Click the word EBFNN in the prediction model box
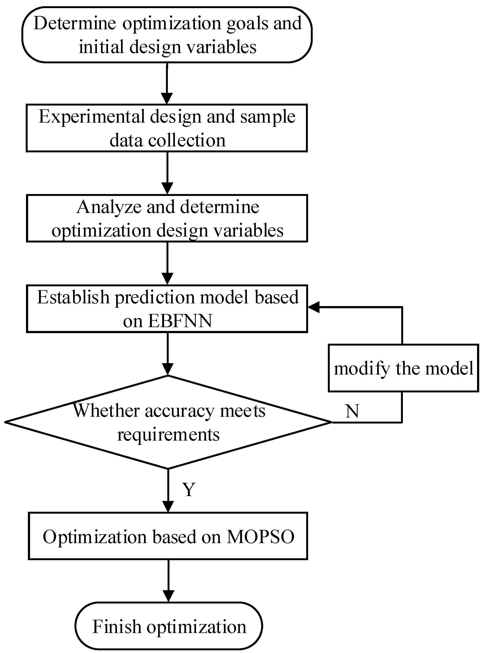click(180, 321)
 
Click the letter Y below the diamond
click(189, 489)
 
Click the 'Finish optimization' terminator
click(169, 626)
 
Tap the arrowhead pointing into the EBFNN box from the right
click(314, 307)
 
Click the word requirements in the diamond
click(168, 434)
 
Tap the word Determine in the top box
click(74, 23)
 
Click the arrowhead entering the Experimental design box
click(167, 99)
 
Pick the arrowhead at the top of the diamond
click(168, 369)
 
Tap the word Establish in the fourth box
click(73, 297)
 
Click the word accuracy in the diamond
click(180, 411)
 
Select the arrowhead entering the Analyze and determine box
click(167, 188)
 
